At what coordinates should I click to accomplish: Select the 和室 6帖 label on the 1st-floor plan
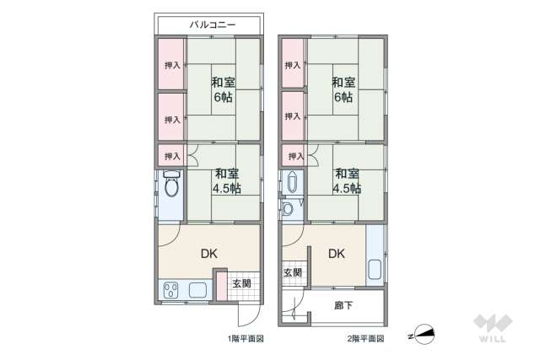click(x=223, y=90)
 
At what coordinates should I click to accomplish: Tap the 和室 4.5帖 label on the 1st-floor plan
click(x=223, y=181)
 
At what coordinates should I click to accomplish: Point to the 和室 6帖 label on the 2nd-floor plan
click(x=343, y=90)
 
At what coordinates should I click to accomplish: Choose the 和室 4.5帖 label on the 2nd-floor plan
click(x=347, y=181)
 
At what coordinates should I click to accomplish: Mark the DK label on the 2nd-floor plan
click(x=336, y=252)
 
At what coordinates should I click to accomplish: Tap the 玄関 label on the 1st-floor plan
click(x=240, y=283)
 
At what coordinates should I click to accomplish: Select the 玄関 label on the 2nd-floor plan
click(x=293, y=273)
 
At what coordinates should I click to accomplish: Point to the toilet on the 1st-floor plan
click(x=171, y=185)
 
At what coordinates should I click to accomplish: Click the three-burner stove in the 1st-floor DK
click(x=170, y=292)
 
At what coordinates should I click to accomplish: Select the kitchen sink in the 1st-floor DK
click(x=199, y=291)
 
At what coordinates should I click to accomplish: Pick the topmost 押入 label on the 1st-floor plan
click(x=171, y=65)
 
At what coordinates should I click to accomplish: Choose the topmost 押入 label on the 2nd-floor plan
click(x=293, y=65)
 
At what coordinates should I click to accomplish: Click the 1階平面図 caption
click(x=246, y=338)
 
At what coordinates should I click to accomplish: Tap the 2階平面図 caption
click(x=366, y=338)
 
